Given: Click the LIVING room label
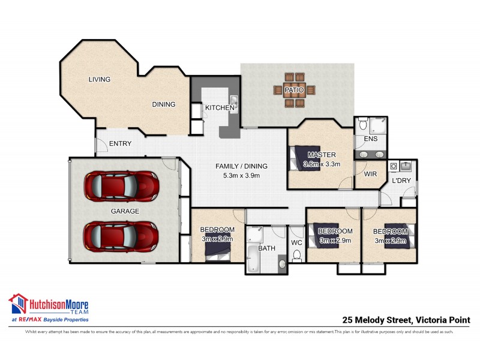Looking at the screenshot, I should (100, 79).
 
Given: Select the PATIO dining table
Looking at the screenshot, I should (295, 91).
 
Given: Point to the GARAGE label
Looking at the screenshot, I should (125, 211).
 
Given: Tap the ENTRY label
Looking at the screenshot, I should (120, 143).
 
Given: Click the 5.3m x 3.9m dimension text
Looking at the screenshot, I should (241, 176).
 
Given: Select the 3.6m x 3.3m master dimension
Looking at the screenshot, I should (322, 164).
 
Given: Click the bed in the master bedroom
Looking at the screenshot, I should (302, 158).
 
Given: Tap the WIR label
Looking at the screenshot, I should (370, 173).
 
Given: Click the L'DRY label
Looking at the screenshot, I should (401, 181).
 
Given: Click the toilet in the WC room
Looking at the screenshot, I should (296, 256).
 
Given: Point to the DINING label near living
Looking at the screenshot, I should (163, 104).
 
